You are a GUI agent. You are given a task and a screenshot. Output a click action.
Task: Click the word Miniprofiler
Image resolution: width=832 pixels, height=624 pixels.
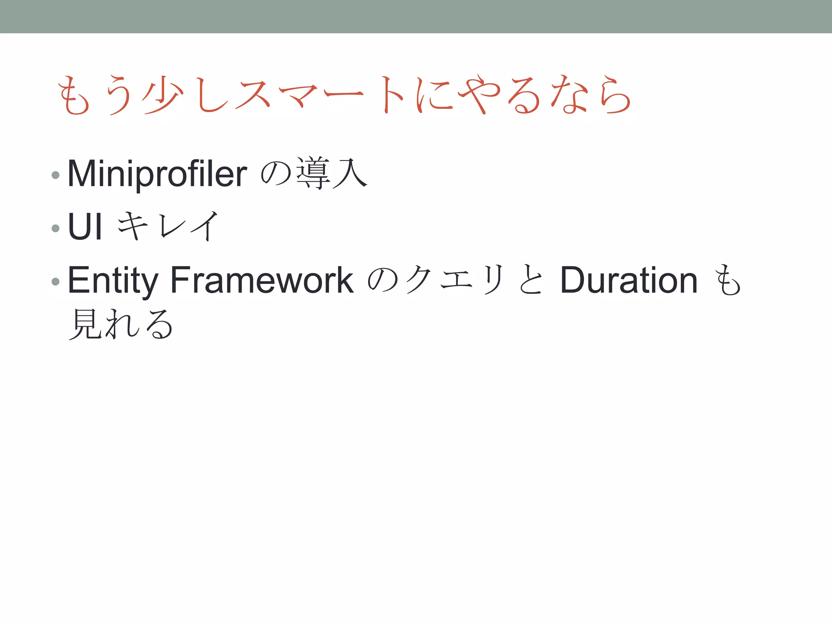click(157, 174)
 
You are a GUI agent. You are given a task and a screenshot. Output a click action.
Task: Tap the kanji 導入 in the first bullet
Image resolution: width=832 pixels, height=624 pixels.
click(331, 174)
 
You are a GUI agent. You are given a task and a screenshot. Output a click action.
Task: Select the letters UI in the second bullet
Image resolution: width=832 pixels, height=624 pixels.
click(84, 227)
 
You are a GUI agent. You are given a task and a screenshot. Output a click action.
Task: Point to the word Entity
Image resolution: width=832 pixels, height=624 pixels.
click(113, 280)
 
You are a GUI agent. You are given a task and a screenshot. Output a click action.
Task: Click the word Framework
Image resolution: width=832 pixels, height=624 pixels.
click(262, 280)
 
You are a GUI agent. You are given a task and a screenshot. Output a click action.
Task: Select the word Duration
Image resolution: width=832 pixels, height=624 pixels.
click(628, 280)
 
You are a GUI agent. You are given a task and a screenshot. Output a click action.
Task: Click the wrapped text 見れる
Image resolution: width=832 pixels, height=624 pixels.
click(121, 324)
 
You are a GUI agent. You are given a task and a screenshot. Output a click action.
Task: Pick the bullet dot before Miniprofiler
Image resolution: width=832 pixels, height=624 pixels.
click(56, 175)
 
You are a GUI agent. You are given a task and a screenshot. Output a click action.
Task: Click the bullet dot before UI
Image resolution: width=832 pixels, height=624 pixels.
click(56, 228)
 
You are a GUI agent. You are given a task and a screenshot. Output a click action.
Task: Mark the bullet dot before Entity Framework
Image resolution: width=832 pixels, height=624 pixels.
click(56, 282)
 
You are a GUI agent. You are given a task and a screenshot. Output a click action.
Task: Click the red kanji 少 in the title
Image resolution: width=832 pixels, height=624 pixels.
click(162, 95)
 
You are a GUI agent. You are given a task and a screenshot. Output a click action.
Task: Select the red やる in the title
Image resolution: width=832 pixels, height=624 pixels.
click(499, 95)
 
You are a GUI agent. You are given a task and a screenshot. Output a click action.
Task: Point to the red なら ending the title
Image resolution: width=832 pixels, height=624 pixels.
click(591, 95)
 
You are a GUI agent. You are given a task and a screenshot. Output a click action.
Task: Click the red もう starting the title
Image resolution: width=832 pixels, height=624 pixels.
click(95, 95)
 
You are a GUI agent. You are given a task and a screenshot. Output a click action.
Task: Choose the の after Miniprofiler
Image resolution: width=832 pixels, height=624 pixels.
click(276, 174)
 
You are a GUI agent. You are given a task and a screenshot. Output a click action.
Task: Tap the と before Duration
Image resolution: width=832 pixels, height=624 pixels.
click(531, 280)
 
